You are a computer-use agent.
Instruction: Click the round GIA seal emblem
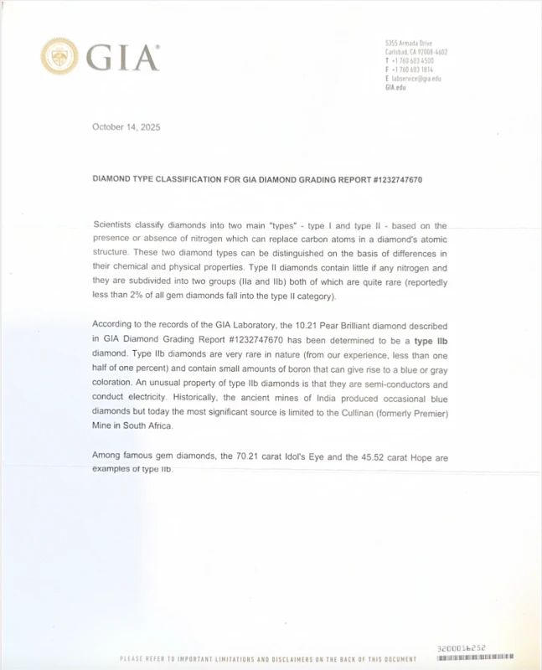click(x=59, y=56)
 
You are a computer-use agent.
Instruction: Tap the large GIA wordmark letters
click(x=122, y=57)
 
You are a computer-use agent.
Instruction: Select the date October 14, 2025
click(x=126, y=127)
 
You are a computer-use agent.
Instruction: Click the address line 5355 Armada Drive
click(x=409, y=43)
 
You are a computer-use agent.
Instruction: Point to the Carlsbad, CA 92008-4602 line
click(x=416, y=52)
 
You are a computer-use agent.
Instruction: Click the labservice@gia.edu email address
click(x=416, y=79)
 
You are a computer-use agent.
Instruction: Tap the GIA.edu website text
click(x=395, y=87)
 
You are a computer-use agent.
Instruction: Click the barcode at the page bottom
click(x=475, y=657)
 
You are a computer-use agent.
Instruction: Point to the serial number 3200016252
click(x=462, y=648)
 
